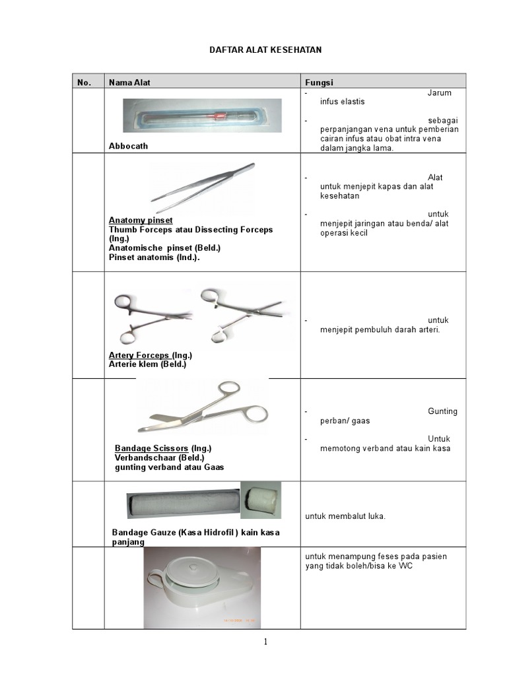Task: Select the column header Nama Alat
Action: [x=129, y=83]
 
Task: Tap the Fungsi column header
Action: [x=319, y=83]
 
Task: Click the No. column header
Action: [x=84, y=83]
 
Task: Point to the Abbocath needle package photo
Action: [x=202, y=116]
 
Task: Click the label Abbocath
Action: [x=128, y=147]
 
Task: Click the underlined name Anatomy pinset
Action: [x=141, y=220]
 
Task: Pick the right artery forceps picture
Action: [x=240, y=314]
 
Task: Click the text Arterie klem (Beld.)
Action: [x=147, y=364]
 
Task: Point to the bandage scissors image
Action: [x=203, y=409]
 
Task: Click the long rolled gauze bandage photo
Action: [x=183, y=504]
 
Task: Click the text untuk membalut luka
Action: [x=345, y=516]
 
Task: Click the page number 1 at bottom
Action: [x=265, y=644]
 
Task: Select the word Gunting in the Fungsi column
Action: [x=442, y=411]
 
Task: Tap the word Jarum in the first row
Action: [x=440, y=93]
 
